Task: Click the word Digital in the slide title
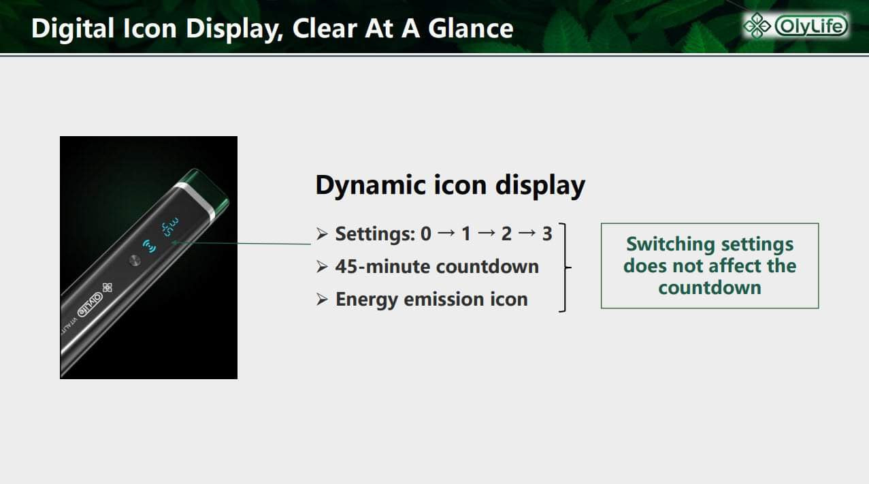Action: click(73, 29)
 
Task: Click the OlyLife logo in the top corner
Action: click(796, 26)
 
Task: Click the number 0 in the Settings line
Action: click(425, 233)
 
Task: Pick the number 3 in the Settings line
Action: click(547, 233)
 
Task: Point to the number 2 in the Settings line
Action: click(506, 233)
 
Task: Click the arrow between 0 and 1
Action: click(446, 233)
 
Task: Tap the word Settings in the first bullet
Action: click(375, 234)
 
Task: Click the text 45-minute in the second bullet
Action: click(383, 267)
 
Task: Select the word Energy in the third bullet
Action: click(367, 300)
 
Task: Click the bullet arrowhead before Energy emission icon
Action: click(322, 300)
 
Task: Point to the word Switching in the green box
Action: click(671, 245)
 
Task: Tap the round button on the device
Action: click(135, 260)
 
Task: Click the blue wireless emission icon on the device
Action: click(149, 246)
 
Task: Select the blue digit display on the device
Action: click(171, 227)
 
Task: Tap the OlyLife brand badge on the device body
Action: click(90, 304)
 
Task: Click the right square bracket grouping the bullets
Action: click(564, 267)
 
